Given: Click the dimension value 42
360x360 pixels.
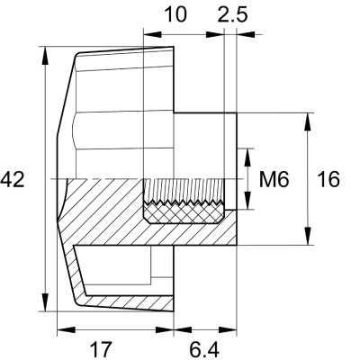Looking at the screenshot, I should tap(13, 180).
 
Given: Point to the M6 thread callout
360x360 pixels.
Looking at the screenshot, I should tap(273, 180).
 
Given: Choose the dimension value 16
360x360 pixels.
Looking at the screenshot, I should tap(328, 180).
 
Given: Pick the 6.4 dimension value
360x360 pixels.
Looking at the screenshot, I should tap(204, 347).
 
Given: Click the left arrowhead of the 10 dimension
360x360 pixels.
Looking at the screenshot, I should tap(149, 35).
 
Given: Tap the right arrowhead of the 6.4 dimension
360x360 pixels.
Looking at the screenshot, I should tap(230, 328).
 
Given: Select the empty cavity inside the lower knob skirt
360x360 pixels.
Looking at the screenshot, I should tap(126, 270).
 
